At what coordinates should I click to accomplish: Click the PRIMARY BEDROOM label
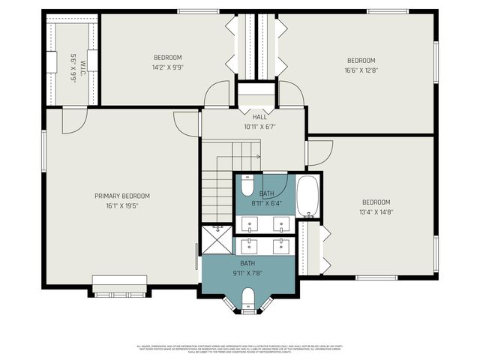click(x=121, y=196)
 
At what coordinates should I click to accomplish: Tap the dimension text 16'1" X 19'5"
click(x=121, y=205)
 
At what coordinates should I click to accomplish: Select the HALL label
click(x=259, y=117)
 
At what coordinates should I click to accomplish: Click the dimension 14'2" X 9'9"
click(x=168, y=67)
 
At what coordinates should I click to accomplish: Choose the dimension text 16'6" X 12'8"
click(x=361, y=70)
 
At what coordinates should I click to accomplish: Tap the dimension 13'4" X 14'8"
click(x=376, y=211)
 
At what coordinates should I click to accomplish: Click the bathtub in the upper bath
click(x=308, y=196)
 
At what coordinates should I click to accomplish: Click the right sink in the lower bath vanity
click(x=282, y=245)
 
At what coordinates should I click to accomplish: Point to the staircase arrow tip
click(x=259, y=157)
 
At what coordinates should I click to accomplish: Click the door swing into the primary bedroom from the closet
click(x=73, y=120)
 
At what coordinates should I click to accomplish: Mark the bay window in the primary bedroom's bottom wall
click(x=120, y=286)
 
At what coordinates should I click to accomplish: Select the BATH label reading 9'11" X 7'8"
click(x=247, y=263)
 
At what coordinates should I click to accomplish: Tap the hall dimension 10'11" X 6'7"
click(x=259, y=127)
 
